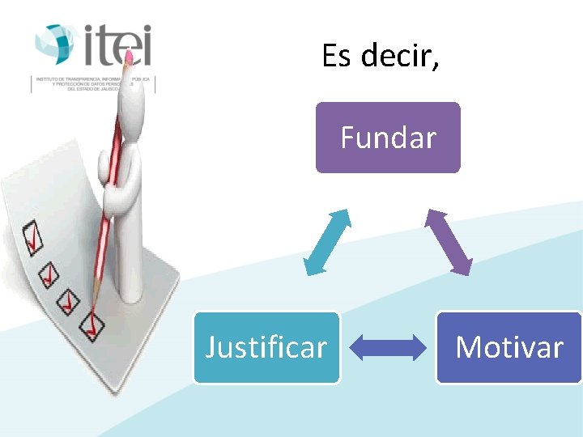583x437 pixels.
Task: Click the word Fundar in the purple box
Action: click(388, 138)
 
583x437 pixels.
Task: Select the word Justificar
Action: click(266, 347)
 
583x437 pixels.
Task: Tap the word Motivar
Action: click(509, 347)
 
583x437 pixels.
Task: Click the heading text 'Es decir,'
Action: click(381, 56)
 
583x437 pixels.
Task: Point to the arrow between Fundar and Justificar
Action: click(326, 242)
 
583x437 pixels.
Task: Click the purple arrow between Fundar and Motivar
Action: click(449, 242)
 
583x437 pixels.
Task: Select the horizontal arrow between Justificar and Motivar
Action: click(388, 347)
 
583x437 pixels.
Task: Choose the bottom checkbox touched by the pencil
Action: click(91, 325)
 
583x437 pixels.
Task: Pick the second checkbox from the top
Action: click(50, 274)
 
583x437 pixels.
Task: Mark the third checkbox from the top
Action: click(69, 301)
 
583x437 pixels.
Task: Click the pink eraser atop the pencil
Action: click(128, 56)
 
